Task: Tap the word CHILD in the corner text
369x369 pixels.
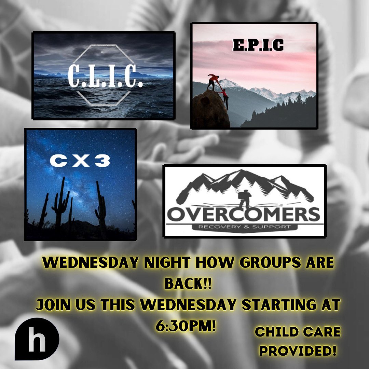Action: (x=275, y=332)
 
